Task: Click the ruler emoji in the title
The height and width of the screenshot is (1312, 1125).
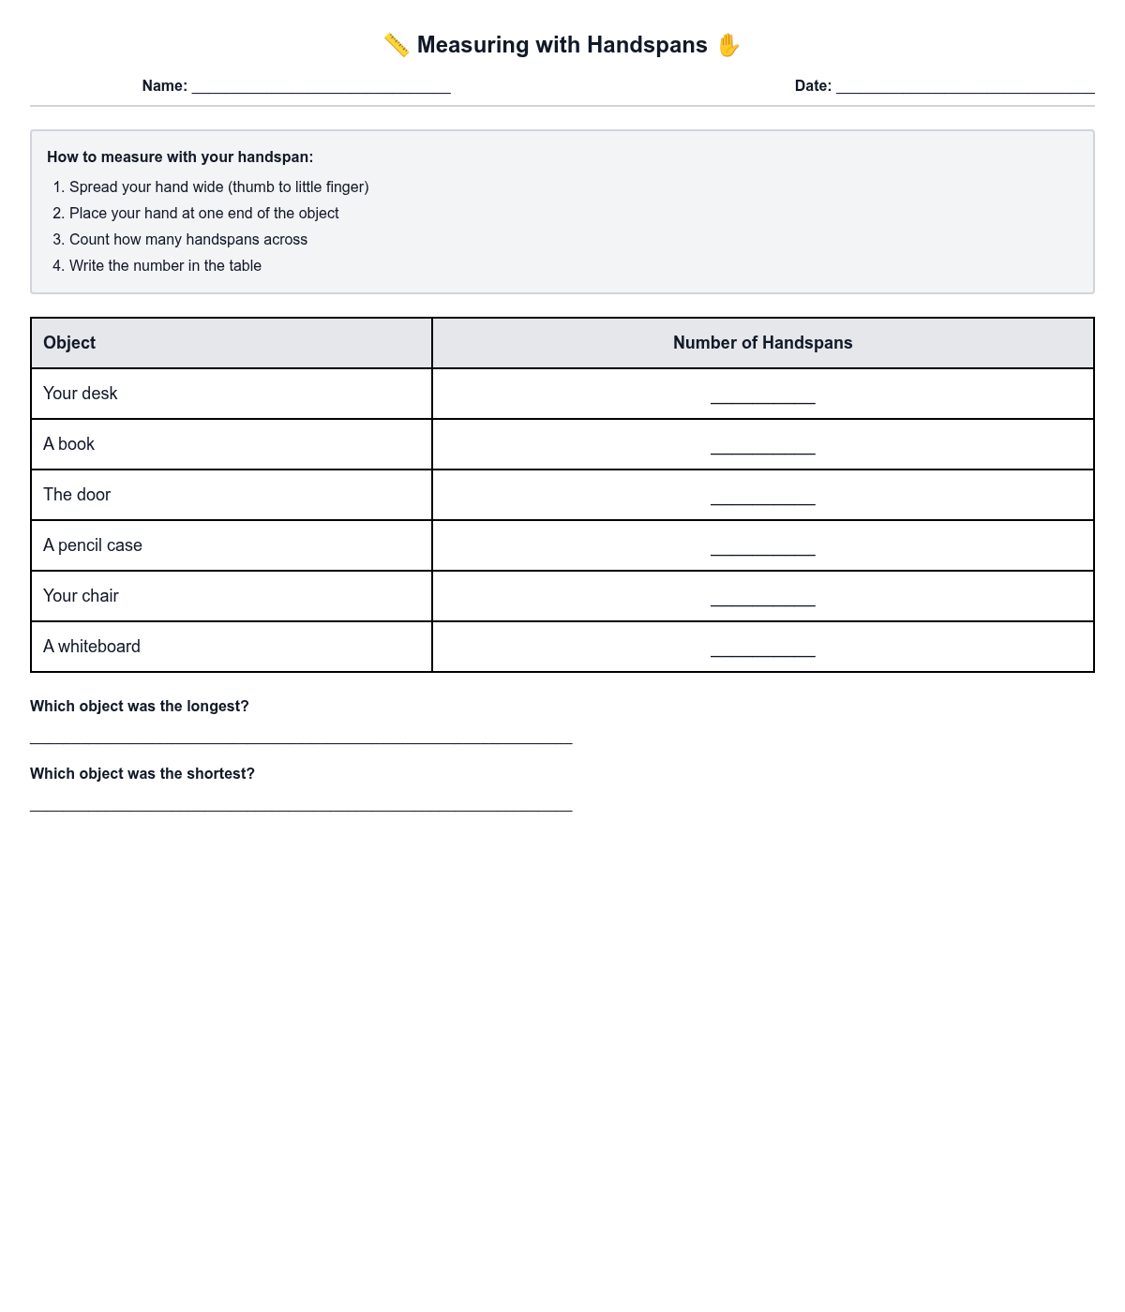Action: [396, 45]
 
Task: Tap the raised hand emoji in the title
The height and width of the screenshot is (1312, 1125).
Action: [728, 45]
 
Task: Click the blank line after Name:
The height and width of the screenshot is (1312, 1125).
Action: [321, 87]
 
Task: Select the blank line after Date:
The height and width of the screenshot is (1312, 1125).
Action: [965, 87]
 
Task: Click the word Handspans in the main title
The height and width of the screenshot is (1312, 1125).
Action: [647, 45]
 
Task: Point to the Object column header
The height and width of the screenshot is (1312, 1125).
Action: [69, 343]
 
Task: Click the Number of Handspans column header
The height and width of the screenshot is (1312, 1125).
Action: [762, 343]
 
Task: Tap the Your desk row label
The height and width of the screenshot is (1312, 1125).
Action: [81, 394]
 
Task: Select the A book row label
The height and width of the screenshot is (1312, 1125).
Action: [69, 444]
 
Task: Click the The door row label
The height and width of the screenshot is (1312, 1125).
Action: [77, 495]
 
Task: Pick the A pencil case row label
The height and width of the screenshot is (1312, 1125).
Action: [93, 545]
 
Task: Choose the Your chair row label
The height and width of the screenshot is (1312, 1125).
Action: [81, 596]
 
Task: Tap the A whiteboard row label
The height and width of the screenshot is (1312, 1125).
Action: [92, 647]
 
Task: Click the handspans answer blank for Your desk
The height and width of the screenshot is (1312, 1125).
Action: [762, 397]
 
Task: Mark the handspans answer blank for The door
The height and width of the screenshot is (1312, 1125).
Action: [762, 499]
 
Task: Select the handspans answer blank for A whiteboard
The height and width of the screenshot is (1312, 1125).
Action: [762, 650]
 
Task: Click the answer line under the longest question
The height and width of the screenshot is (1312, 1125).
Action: [301, 738]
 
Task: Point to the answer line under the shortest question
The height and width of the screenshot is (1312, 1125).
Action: [301, 806]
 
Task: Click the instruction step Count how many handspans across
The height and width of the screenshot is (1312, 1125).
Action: [188, 240]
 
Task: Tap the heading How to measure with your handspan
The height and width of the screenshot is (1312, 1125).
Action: [180, 157]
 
